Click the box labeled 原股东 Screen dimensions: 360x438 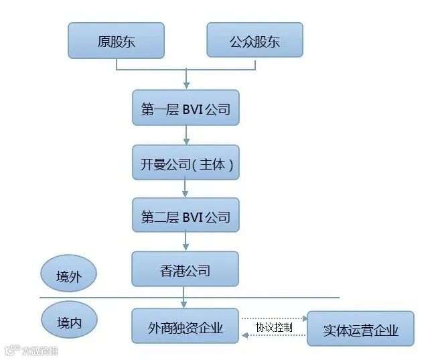coord(116,40)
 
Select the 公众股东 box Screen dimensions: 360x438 coord(254,40)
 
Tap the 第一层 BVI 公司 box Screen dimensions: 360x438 coord(186,108)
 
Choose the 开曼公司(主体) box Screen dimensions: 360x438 coord(186,162)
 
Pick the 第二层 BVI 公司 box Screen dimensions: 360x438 coord(186,216)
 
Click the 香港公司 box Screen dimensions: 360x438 coord(186,269)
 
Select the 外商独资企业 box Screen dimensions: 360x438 coord(186,326)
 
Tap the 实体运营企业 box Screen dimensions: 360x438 coord(360,328)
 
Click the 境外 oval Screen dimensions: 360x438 coord(68,275)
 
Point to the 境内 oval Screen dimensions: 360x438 coord(68,321)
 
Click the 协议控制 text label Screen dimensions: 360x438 coord(273,327)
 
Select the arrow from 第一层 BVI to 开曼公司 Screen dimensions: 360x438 coord(186,135)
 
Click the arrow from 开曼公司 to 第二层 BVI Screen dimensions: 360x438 coord(186,189)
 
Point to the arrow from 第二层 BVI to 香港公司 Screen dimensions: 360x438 coord(186,243)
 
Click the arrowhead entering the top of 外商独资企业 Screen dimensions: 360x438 coord(186,304)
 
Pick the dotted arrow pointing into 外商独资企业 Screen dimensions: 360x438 coord(246,336)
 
